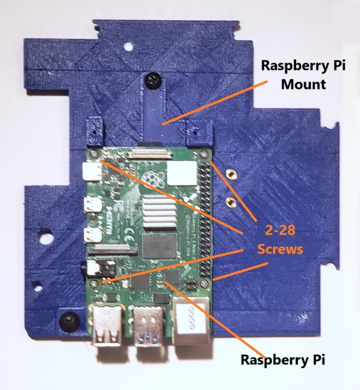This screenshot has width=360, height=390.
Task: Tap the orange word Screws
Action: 280,249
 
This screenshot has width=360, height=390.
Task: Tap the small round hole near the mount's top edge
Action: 129,48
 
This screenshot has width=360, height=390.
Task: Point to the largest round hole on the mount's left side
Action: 45,239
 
